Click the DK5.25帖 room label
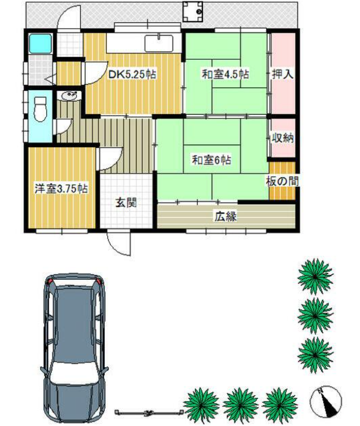coord(132,74)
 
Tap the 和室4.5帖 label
coord(225,74)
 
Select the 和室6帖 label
coord(212,160)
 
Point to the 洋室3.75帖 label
coord(61,189)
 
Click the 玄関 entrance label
coord(126,202)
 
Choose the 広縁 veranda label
coord(226,216)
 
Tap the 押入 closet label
coord(283,74)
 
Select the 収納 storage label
coord(283,138)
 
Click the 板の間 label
coord(282,181)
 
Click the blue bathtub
coord(40,43)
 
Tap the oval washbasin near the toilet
coord(70,96)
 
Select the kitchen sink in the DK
coord(159,43)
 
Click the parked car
coord(74,349)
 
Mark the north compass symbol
coord(326,402)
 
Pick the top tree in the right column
coord(315,276)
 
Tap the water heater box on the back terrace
coord(193,11)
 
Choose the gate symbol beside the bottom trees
coord(149,412)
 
